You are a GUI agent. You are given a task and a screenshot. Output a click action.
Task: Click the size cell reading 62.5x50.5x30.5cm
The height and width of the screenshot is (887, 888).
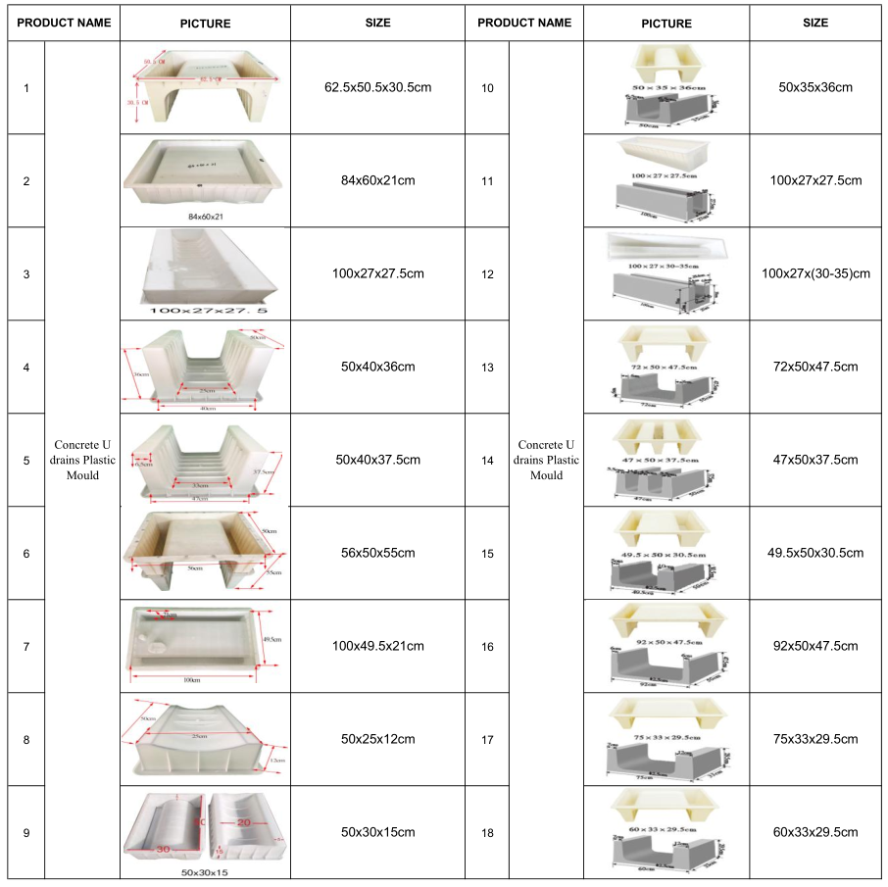(x=377, y=88)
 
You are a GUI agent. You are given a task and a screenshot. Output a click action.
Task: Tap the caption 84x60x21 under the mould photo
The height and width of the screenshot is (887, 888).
(x=206, y=216)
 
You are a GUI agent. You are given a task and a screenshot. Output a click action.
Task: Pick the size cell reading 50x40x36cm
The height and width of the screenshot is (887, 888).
(x=377, y=367)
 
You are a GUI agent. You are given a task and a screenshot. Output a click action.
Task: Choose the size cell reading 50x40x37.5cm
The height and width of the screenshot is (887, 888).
(x=377, y=460)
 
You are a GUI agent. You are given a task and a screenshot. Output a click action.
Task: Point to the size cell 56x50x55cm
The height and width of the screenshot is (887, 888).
(x=377, y=553)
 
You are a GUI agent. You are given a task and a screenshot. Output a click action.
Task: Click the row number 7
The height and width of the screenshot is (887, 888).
(x=26, y=647)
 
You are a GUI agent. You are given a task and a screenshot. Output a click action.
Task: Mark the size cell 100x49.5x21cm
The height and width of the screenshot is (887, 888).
(x=377, y=646)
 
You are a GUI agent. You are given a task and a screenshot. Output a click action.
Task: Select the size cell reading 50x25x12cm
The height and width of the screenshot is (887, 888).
(x=377, y=739)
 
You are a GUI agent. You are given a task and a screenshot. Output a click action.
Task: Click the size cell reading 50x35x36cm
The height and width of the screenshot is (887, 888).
(x=815, y=88)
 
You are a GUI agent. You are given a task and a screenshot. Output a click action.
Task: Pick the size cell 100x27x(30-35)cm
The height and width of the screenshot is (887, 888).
(x=815, y=273)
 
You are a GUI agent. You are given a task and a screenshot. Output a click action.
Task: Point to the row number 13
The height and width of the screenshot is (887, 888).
(x=488, y=368)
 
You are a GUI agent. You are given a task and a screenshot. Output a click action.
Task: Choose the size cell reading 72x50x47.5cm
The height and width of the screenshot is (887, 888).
(x=815, y=367)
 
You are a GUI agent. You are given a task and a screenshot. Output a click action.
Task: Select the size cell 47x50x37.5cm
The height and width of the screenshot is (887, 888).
(x=815, y=460)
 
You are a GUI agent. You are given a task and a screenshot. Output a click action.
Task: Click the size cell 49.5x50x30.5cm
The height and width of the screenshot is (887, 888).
(x=815, y=553)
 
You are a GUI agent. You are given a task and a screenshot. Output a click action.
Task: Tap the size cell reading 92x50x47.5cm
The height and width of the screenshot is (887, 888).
(x=815, y=646)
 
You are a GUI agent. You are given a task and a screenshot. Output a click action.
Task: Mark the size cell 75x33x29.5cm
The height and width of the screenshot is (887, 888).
(x=815, y=739)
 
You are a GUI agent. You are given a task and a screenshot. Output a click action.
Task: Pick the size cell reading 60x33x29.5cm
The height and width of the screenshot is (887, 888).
(x=815, y=832)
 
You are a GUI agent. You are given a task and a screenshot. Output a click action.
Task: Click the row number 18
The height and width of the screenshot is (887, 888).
(x=488, y=833)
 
